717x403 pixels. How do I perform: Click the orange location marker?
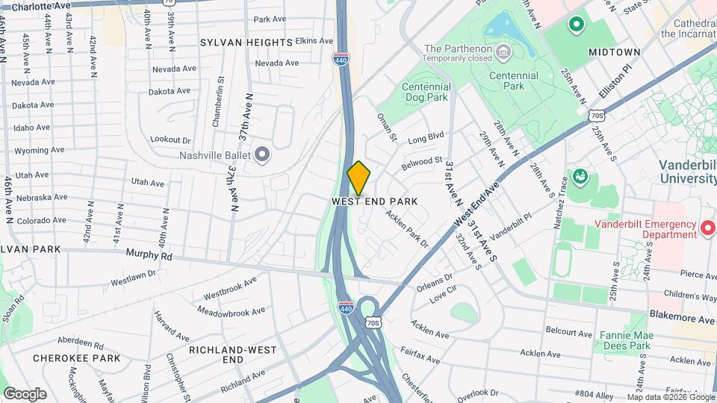[359, 178]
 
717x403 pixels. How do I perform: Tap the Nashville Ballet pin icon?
[261, 155]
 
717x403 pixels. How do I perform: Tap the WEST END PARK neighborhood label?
[374, 201]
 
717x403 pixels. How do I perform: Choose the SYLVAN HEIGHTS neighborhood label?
[246, 43]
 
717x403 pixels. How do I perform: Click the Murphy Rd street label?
[149, 255]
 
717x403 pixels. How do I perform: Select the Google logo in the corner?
[25, 393]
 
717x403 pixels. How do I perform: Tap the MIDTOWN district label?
[614, 52]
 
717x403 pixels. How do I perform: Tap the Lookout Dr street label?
[171, 140]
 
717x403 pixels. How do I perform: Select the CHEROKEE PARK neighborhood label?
[76, 358]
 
